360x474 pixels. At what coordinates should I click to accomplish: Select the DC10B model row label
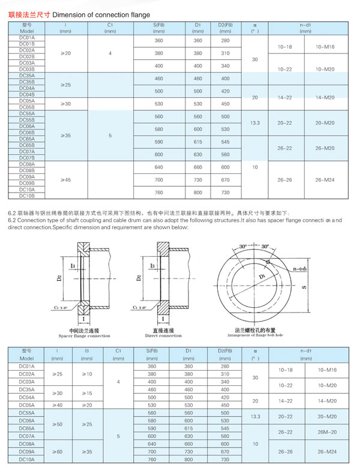(27, 196)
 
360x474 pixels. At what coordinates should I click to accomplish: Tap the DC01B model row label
(27, 44)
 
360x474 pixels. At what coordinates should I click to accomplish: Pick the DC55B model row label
(27, 120)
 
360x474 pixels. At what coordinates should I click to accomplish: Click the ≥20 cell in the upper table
(66, 53)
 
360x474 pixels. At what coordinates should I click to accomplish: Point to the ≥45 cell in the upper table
(66, 179)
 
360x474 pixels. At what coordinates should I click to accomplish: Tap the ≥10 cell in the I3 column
(87, 374)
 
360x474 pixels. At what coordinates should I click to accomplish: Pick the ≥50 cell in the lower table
(57, 424)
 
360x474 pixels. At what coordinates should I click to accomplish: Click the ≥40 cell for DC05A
(57, 405)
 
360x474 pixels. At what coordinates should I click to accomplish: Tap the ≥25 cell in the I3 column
(87, 424)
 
